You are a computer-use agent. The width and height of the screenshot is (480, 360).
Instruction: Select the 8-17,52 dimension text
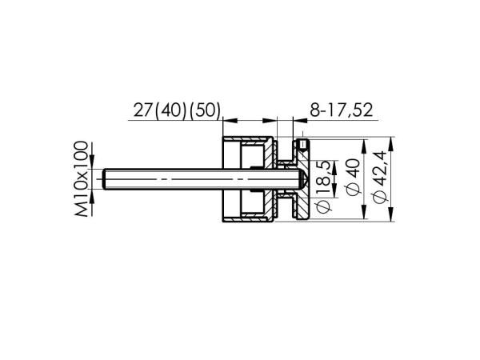click(x=339, y=110)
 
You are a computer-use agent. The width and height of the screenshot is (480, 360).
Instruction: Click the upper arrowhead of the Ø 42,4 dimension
click(x=392, y=147)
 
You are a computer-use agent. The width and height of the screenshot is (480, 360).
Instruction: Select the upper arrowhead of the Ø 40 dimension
click(x=364, y=147)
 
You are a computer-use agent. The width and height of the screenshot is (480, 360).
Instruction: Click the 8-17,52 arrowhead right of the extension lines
click(x=298, y=122)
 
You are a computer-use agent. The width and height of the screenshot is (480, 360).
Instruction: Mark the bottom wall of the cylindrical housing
click(x=248, y=219)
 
